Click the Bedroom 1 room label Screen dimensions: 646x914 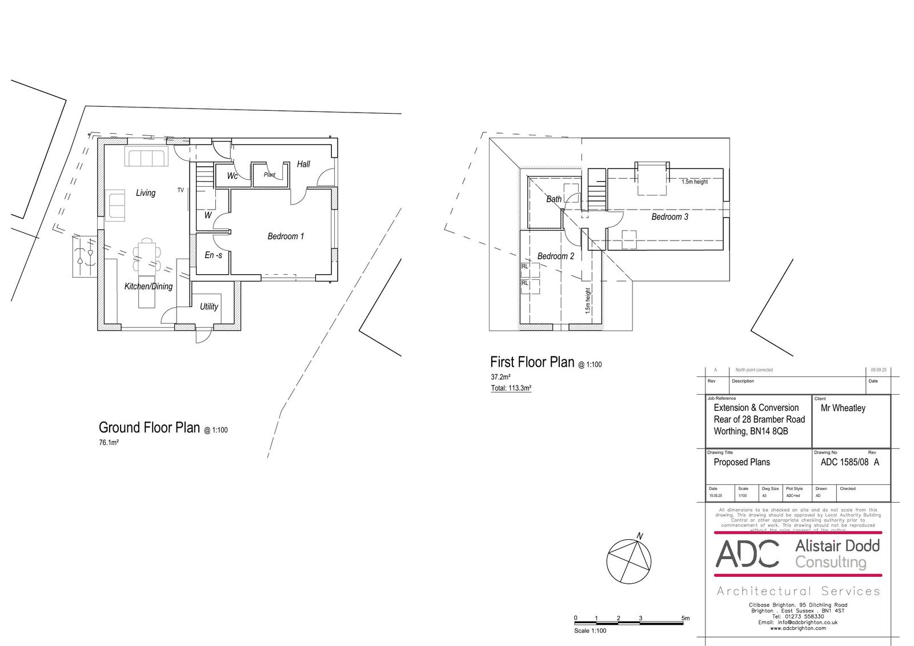tap(286, 236)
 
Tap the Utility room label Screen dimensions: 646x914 tap(209, 307)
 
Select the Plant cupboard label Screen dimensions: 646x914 tap(270, 175)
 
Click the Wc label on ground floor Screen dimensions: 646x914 tap(232, 176)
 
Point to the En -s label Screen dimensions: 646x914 tap(213, 255)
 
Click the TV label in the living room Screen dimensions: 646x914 tap(181, 190)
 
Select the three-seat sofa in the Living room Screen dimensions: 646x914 tap(146, 158)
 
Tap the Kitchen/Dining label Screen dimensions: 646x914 tap(149, 286)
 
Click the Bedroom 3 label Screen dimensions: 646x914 tap(670, 217)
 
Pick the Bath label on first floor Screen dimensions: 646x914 tap(554, 199)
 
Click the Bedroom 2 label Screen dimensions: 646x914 tap(555, 256)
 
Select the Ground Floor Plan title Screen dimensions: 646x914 tap(149, 428)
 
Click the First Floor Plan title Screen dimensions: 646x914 tap(532, 362)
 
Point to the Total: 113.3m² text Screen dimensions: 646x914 tap(511, 388)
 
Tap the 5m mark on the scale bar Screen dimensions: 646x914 tap(685, 618)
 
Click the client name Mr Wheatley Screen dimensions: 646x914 tap(843, 408)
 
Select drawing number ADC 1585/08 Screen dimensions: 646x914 tap(844, 463)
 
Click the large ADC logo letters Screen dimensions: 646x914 tap(747, 553)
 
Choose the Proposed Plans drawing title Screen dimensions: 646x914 tap(741, 463)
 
